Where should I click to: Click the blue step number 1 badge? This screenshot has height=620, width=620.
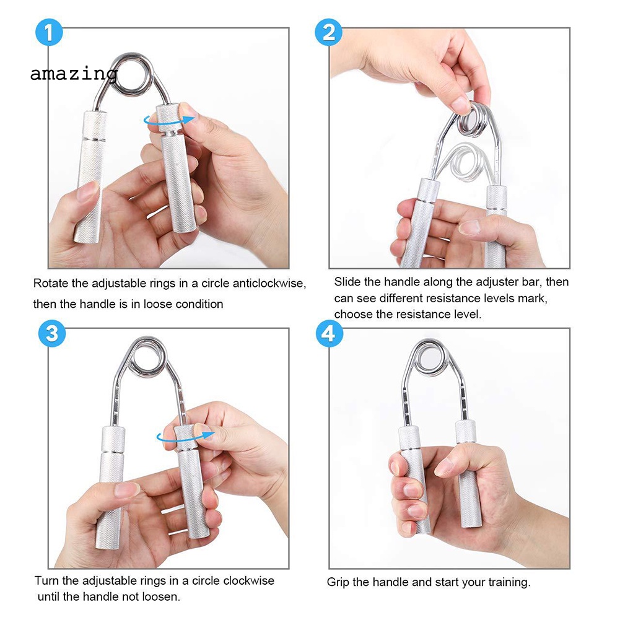(x=49, y=32)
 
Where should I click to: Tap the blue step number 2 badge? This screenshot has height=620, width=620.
(x=329, y=32)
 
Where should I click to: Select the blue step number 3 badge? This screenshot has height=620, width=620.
(x=52, y=333)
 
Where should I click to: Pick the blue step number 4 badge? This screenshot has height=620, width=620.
(x=329, y=333)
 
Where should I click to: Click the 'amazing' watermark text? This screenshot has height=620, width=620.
(x=74, y=74)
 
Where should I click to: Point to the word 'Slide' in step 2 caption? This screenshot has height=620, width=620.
(x=347, y=282)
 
